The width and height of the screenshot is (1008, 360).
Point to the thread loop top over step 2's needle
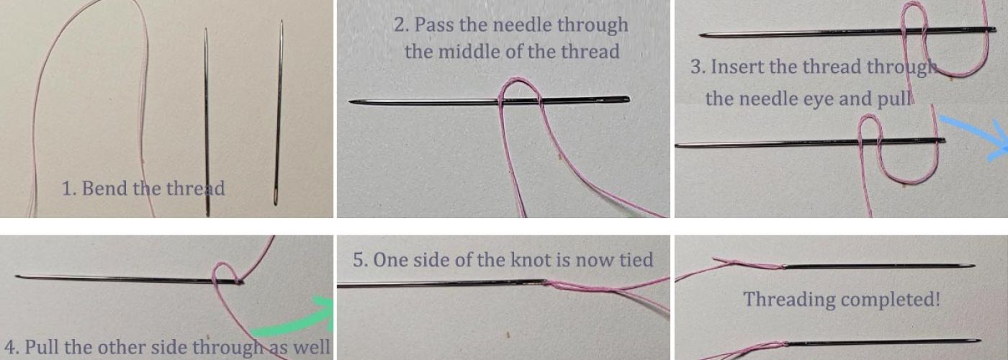point(518,80)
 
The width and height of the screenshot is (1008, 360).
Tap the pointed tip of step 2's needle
point(350,102)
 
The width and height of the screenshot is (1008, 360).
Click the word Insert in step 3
point(739,67)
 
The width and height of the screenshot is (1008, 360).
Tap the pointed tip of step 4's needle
point(16,276)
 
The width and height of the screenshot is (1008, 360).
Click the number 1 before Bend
point(66,189)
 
